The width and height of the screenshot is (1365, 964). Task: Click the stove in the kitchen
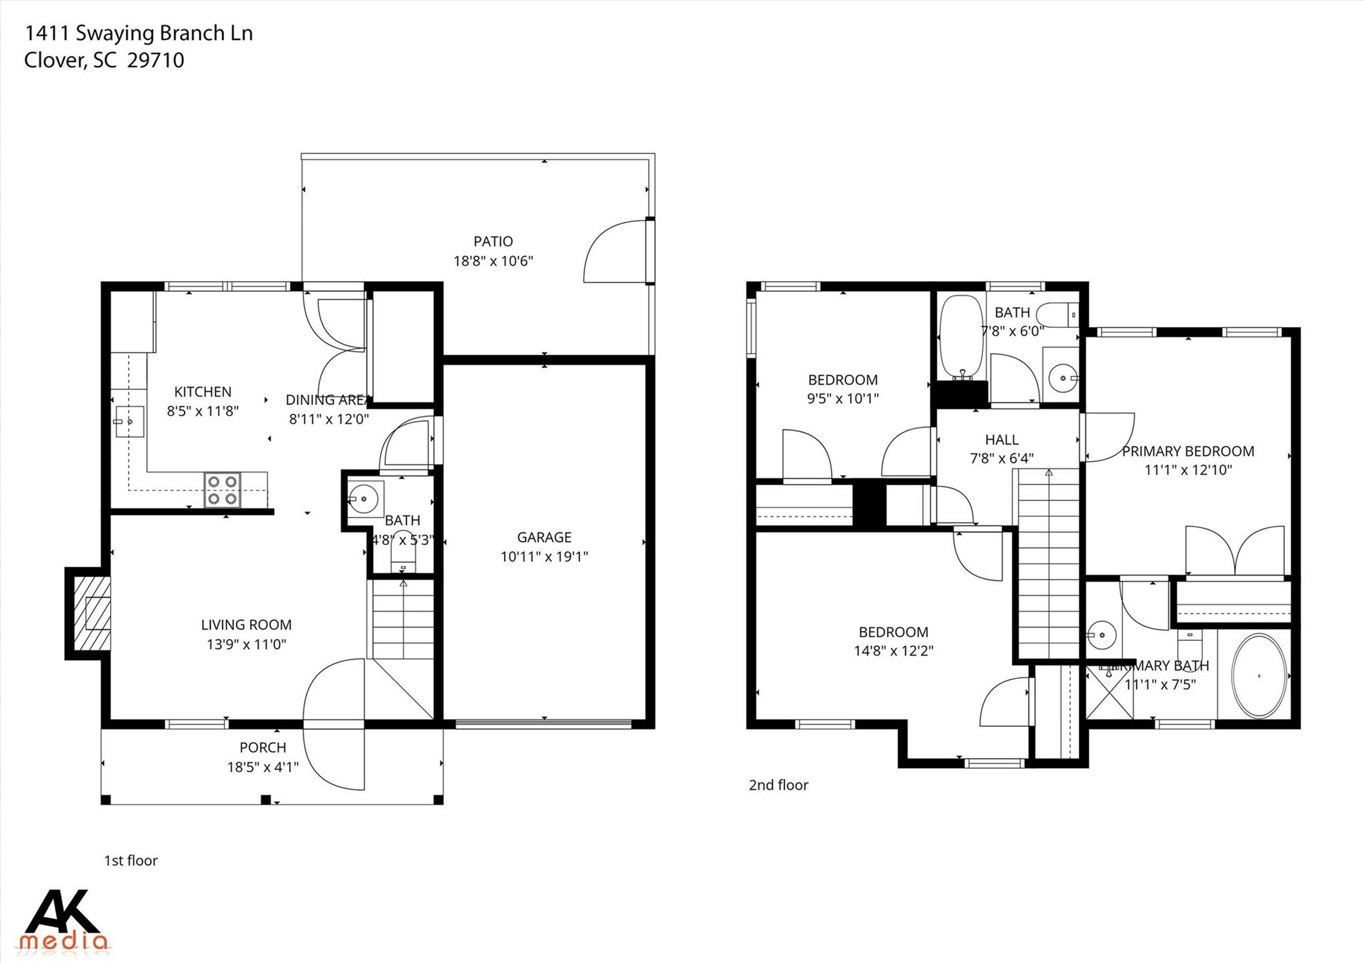[223, 490]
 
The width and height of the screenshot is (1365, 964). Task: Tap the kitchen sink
[129, 421]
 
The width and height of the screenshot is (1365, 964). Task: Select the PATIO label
[493, 241]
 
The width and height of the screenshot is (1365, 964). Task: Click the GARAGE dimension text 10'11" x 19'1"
[544, 556]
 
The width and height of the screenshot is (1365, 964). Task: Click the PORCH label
[263, 747]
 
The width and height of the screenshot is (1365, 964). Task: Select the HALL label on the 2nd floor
[1001, 440]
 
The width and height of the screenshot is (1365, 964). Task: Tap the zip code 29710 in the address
[155, 61]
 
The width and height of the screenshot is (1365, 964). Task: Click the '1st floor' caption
[131, 860]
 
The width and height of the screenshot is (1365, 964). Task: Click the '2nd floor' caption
[778, 785]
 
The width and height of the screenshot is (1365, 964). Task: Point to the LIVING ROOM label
[246, 625]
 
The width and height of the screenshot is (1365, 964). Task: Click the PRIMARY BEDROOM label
[1188, 451]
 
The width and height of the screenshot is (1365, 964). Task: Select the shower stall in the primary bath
[1109, 693]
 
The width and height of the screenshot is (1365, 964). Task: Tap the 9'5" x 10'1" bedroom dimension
[842, 399]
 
